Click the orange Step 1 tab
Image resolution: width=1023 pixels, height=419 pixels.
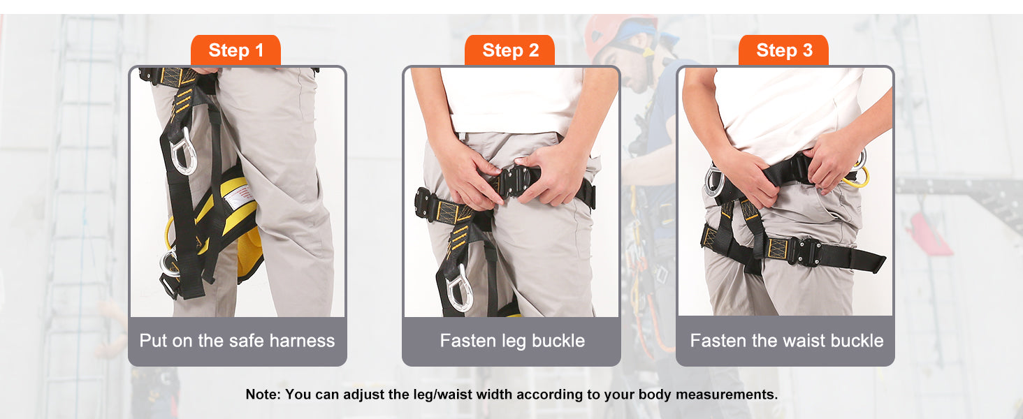(235, 50)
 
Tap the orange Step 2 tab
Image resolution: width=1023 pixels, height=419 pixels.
(509, 50)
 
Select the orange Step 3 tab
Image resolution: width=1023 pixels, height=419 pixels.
(784, 50)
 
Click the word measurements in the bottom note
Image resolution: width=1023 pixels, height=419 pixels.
(726, 395)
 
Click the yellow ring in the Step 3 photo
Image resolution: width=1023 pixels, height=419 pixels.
(859, 175)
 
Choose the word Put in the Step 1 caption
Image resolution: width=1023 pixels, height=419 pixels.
(153, 341)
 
